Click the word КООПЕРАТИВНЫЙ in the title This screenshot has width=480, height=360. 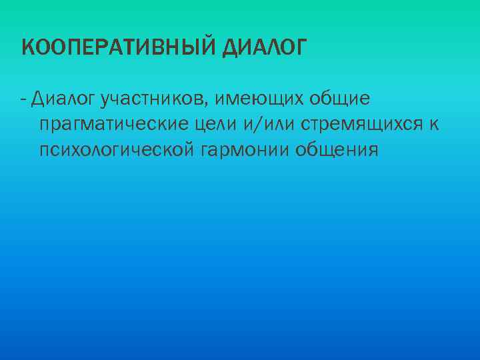click(119, 47)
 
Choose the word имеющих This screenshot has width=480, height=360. click(261, 99)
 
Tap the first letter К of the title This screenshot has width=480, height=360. click(27, 47)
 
